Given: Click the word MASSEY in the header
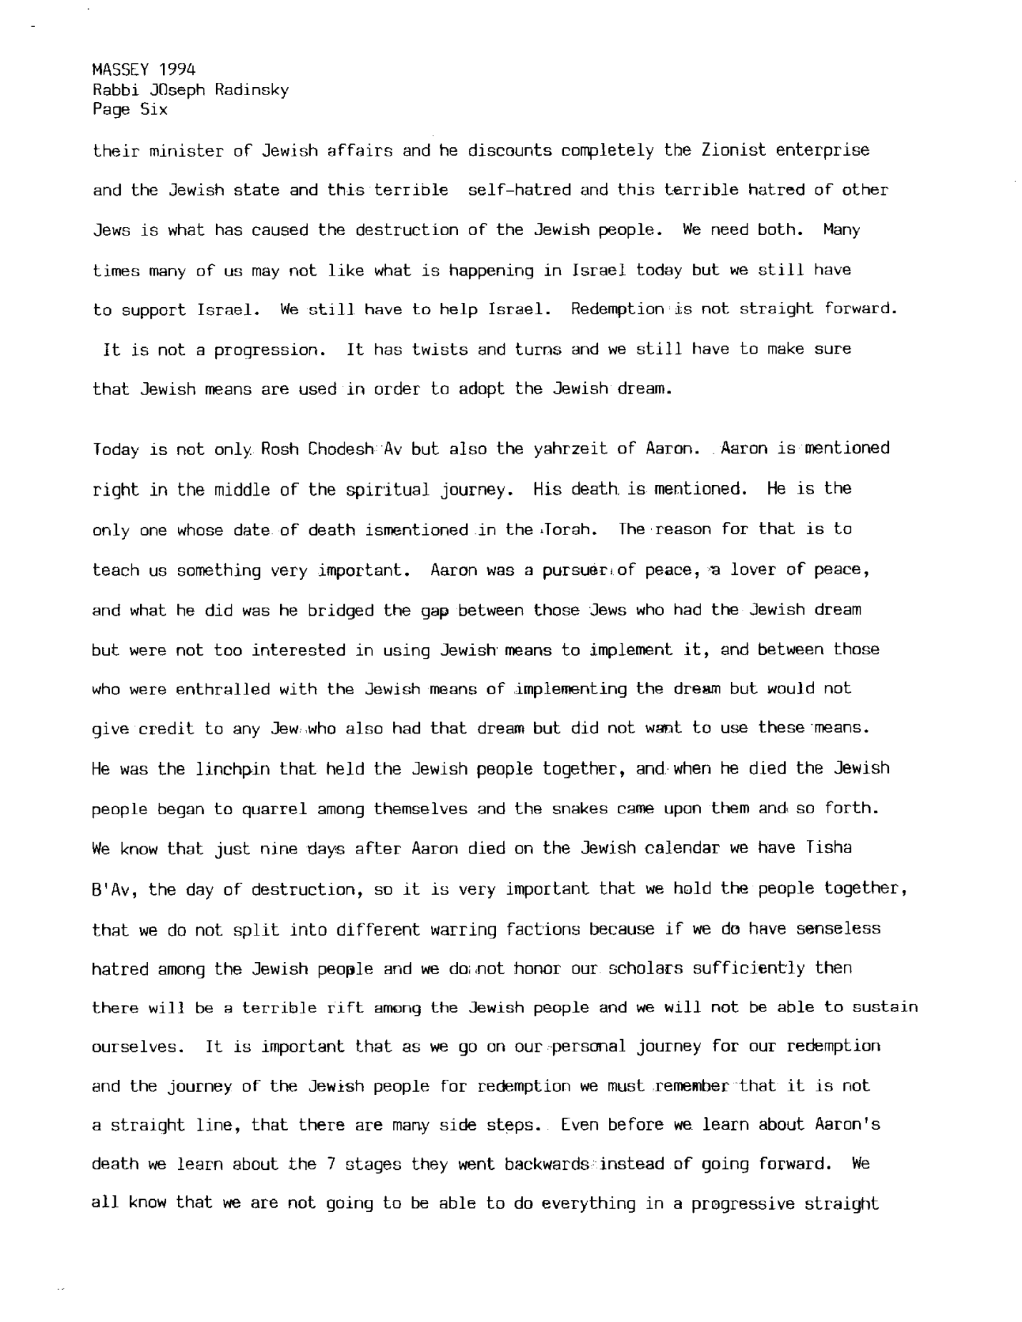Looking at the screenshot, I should coord(120,69).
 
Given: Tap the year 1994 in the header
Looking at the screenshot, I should coord(177,69).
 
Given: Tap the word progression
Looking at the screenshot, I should coord(266,350).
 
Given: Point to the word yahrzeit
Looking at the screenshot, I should coord(571,449).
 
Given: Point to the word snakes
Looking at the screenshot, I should coord(580,809).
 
